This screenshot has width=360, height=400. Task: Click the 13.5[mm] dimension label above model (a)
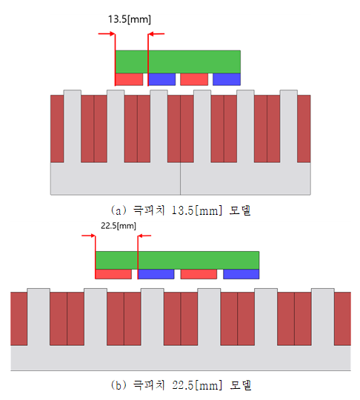point(130,19)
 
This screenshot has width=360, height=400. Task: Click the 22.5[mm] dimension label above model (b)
point(119,226)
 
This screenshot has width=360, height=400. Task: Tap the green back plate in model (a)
point(178,61)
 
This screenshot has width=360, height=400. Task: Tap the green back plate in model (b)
point(177,260)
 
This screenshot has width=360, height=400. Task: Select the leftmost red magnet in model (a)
point(129,79)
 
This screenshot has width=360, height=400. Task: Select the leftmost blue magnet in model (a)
point(161,79)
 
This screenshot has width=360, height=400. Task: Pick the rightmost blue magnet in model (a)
point(227,79)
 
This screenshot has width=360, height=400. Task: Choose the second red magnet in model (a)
point(194,79)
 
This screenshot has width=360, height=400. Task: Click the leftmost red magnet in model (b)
point(113,274)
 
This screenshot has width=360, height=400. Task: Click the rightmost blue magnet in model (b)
point(241,274)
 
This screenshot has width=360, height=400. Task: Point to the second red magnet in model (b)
point(199,274)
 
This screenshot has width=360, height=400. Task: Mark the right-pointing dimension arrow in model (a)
point(107,33)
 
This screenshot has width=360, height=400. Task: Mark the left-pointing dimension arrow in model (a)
point(156,33)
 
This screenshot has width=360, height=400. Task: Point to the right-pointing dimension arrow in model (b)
point(88,236)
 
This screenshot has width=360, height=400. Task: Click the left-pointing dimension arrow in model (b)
point(144,236)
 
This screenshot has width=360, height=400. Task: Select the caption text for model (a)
point(181,210)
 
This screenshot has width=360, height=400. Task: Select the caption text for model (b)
point(181,385)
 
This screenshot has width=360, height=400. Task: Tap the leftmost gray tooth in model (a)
point(73,126)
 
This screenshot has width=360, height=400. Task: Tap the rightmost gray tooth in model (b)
point(323,317)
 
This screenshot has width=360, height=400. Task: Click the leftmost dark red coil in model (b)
point(19,319)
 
